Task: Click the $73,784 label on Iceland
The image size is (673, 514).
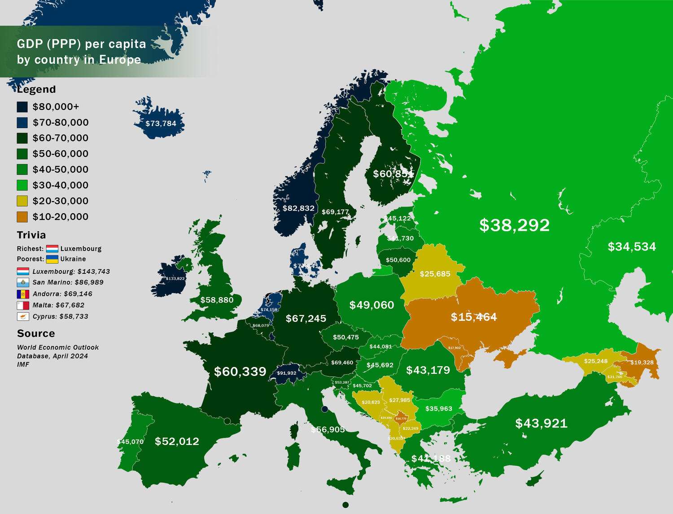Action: coord(161,124)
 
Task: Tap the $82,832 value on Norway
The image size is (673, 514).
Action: coord(298,208)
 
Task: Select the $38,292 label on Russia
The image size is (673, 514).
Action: coord(514,225)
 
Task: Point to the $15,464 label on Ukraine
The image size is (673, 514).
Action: coord(474,317)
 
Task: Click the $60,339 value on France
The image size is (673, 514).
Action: coord(240,371)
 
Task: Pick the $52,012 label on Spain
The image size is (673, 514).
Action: coord(177,441)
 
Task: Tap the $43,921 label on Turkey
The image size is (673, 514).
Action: coord(541,423)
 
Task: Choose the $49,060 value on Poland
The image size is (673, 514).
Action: coord(371,305)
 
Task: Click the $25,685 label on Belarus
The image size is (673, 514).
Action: coord(435,274)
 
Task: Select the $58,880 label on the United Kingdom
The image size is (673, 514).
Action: coord(217,300)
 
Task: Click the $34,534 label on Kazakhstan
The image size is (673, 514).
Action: coord(632,246)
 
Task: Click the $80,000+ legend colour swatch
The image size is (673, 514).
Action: coord(22,107)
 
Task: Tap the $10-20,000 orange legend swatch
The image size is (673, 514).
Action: coord(22,217)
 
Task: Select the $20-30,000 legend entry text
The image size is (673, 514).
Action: coord(61,201)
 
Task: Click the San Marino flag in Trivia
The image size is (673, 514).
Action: coord(23,283)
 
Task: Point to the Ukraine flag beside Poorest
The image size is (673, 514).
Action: coord(52,259)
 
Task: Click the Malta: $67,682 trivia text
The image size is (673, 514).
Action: coord(58,305)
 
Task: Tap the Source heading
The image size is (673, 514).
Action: coord(36,333)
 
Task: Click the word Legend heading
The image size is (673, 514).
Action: coord(36,89)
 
